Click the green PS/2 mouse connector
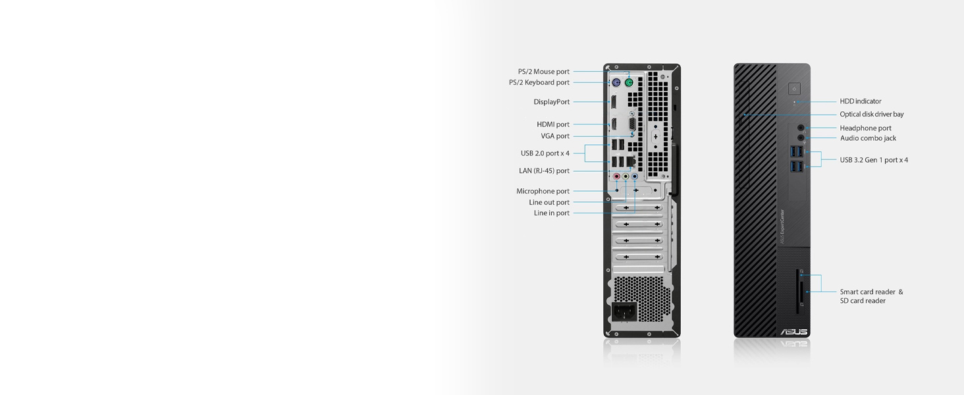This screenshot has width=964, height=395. click(x=629, y=84)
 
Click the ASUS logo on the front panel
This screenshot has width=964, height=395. click(x=793, y=332)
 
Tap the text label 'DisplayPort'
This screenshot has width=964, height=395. click(x=552, y=102)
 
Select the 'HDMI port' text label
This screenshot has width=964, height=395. click(x=553, y=124)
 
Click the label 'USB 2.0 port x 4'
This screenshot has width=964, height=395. click(x=545, y=153)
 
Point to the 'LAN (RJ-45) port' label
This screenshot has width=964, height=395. click(x=544, y=171)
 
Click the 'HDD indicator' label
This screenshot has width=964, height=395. click(x=860, y=101)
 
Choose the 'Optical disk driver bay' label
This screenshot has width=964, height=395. click(x=871, y=115)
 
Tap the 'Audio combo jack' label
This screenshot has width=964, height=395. click(x=868, y=138)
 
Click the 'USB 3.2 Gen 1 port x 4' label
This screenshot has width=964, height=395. click(x=874, y=160)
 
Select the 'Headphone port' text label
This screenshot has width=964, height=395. click(x=865, y=128)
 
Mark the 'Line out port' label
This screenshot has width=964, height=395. click(x=549, y=202)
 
